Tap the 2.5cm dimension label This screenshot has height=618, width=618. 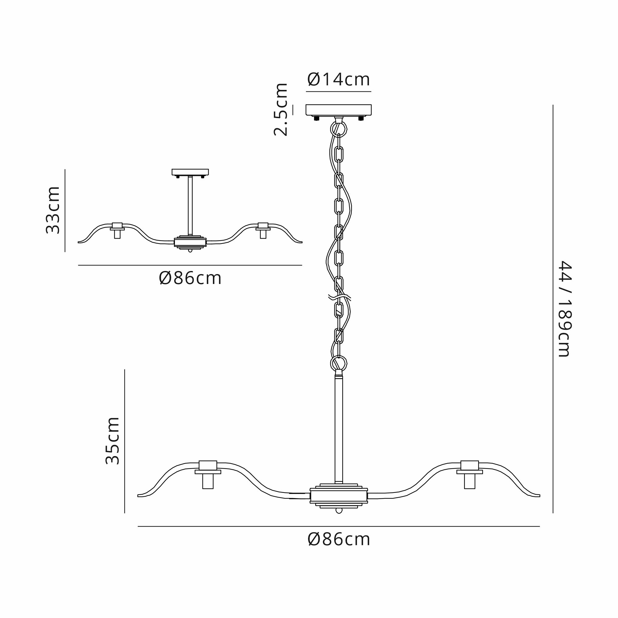coord(281,109)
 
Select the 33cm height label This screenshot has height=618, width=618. coord(53,210)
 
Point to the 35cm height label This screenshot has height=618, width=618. coord(112,440)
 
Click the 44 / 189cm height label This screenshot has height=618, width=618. coord(564,309)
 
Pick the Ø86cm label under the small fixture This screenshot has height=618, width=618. coord(190,278)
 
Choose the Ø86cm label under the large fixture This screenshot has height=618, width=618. coord(339,540)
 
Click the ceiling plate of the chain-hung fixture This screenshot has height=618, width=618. coord(338,110)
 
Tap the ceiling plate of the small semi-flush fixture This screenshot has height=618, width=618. coord(190,172)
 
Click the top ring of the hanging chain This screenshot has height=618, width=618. coord(338,129)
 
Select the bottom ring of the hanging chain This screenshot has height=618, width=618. coord(338,363)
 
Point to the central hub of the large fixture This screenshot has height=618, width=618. coord(339,496)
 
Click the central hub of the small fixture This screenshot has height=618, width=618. coord(190,242)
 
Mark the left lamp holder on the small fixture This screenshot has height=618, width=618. coord(117,230)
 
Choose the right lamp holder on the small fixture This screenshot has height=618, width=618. coord(263,230)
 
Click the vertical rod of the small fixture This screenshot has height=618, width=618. coord(190,206)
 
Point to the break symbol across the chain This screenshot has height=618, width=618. coord(339,298)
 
